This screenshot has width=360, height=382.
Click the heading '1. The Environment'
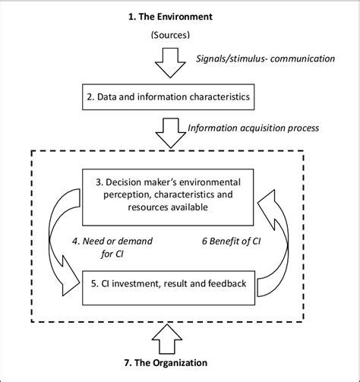click(x=179, y=14)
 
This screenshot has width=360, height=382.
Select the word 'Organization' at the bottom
click(x=196, y=364)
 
